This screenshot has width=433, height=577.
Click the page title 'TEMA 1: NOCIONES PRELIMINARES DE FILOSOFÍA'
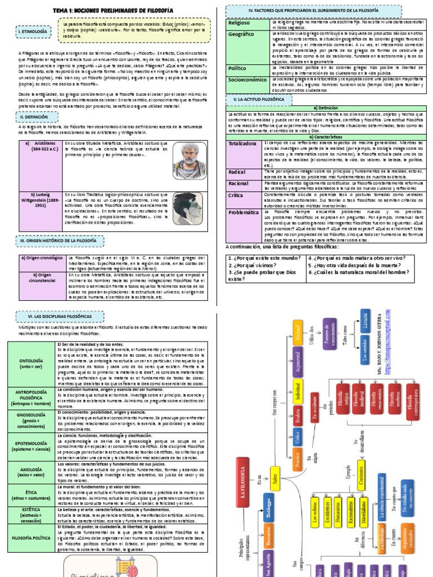(x=112, y=11)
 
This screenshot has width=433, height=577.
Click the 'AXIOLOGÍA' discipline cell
(x=31, y=471)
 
